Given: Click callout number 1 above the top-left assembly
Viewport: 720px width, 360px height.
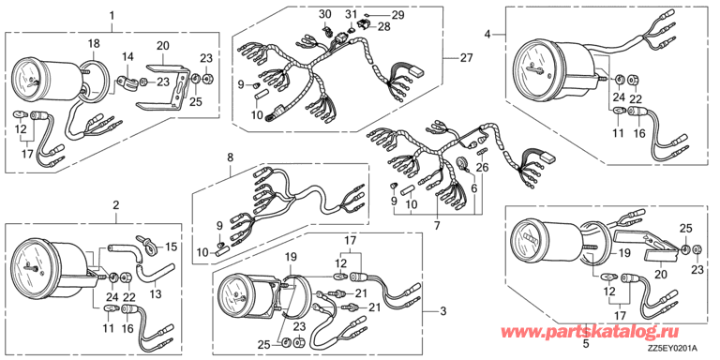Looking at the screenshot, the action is [x=112, y=16].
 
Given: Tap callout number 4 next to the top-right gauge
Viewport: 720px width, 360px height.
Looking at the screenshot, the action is [x=488, y=34].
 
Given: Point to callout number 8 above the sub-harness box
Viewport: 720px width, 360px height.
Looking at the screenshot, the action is [x=230, y=157].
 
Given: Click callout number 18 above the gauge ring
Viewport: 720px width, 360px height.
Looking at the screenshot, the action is [x=94, y=44].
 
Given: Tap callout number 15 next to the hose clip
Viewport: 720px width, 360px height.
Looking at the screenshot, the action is [x=171, y=247].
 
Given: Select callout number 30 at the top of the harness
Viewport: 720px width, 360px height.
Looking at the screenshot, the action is [x=324, y=15].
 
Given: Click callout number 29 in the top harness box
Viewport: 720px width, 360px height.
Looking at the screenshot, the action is [x=397, y=15].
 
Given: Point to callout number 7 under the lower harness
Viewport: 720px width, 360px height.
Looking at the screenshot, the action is [x=437, y=225].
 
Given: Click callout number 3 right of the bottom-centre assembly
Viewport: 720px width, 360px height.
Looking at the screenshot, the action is [x=442, y=312].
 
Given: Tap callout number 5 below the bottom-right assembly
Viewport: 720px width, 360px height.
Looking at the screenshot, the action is [x=585, y=342].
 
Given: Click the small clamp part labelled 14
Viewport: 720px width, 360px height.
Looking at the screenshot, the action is [x=127, y=82].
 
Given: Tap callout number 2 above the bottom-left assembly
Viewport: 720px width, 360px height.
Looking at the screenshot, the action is [x=116, y=205].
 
